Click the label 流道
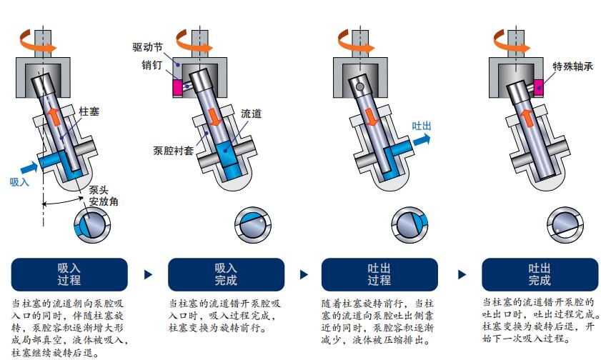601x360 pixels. click(x=251, y=113)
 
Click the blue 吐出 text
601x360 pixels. click(x=422, y=126)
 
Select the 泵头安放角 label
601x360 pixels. click(x=103, y=196)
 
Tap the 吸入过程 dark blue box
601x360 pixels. click(x=69, y=274)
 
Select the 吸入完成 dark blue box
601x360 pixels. click(x=226, y=274)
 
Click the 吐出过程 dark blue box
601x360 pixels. click(x=379, y=274)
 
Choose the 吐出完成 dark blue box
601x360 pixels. click(x=539, y=274)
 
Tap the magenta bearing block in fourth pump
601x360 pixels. click(x=538, y=86)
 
